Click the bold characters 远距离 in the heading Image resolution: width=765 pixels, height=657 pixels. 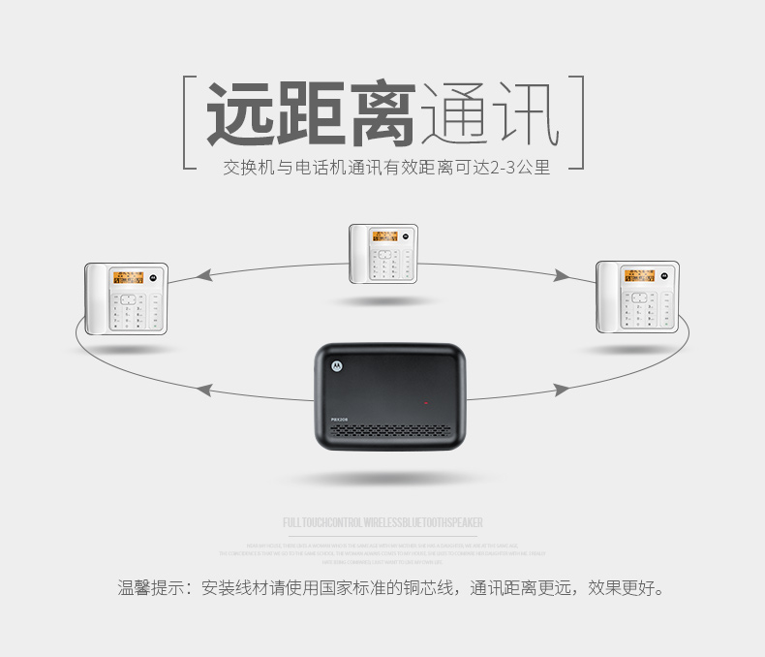[311, 115]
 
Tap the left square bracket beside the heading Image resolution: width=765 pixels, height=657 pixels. [191, 122]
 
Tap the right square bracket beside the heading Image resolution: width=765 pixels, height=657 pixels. [579, 122]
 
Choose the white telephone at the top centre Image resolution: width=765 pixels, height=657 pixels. [383, 253]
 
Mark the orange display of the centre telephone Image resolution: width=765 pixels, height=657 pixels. [385, 236]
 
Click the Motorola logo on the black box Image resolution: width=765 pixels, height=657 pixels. [337, 365]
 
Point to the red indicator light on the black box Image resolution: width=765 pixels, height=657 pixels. [423, 401]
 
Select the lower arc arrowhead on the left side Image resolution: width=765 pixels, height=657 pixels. [204, 391]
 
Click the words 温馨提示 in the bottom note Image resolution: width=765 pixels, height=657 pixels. [148, 588]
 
